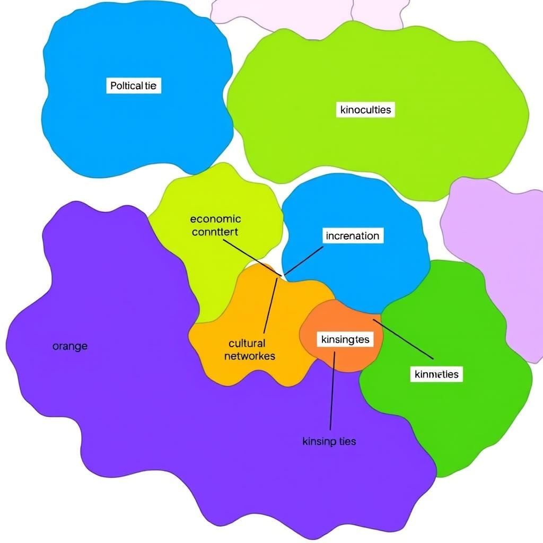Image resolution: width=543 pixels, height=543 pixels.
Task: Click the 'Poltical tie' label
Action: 134,85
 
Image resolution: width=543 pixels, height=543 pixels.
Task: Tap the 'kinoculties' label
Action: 365,110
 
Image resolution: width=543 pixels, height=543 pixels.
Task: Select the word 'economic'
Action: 215,218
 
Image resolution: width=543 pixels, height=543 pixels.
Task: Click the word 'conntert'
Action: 215,232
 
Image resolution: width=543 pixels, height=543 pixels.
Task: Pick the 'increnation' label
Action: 353,235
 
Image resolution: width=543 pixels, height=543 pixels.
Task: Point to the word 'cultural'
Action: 247,343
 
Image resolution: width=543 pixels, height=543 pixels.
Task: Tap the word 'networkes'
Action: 250,356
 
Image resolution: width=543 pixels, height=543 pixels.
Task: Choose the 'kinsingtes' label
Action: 344,339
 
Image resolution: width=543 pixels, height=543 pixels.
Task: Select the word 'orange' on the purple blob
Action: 70,346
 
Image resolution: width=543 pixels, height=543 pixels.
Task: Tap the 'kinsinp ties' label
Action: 329,441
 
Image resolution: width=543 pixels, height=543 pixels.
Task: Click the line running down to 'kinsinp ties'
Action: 332,392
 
